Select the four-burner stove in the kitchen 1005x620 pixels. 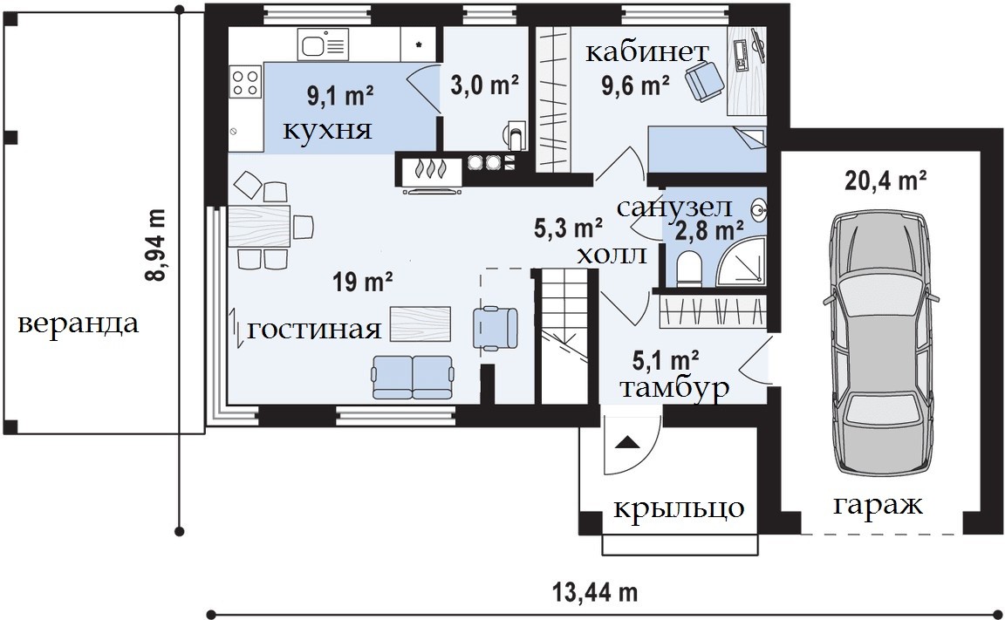pos(245,82)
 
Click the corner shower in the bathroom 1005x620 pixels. pos(741,261)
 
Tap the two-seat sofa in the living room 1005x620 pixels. pos(413,377)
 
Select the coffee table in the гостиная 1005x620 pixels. pos(420,324)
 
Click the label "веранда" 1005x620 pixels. pos(79,324)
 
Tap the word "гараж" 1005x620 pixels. pos(878,506)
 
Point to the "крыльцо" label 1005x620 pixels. pos(680,508)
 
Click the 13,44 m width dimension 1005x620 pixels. pos(596,592)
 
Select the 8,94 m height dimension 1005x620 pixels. pos(156,245)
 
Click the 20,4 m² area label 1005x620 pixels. pos(885,181)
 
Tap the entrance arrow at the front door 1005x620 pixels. pos(627,443)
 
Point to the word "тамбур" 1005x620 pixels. pos(675,389)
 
